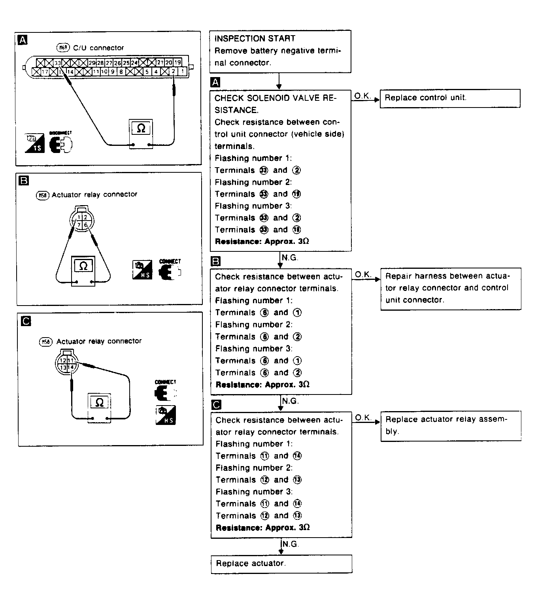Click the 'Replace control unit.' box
click(x=450, y=98)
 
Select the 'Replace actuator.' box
click(x=281, y=563)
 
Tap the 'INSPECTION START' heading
click(x=255, y=39)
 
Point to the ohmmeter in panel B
click(x=83, y=271)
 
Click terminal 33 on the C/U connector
click(x=58, y=62)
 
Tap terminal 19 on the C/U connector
click(x=178, y=62)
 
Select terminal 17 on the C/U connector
click(x=45, y=72)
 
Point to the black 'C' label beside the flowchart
click(x=216, y=405)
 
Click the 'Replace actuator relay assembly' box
click(x=451, y=425)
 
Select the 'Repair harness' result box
click(x=451, y=288)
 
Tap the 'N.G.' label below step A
click(x=290, y=258)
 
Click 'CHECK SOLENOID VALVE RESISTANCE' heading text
click(x=275, y=104)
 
